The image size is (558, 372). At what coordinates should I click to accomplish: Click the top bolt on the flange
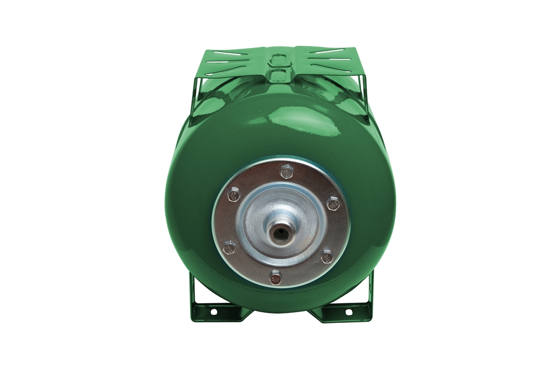click(287, 171)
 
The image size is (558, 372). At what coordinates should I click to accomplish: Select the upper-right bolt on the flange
click(333, 203)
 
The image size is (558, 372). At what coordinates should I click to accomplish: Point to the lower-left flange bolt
click(229, 247)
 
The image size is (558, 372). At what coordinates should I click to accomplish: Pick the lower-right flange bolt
click(327, 256)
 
